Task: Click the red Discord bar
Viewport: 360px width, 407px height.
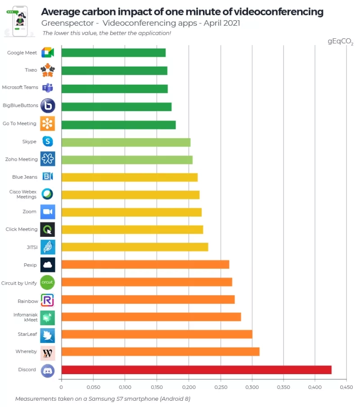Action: click(x=196, y=370)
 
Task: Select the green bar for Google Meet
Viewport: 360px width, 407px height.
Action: click(x=113, y=53)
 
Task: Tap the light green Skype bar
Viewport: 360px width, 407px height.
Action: click(x=126, y=142)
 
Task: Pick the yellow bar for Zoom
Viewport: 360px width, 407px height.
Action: click(x=131, y=212)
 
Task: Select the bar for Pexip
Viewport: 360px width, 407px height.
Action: click(x=145, y=264)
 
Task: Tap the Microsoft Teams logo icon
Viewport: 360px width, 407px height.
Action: click(x=48, y=88)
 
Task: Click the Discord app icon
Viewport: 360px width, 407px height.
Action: click(x=48, y=370)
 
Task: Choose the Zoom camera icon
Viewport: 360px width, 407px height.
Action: click(x=48, y=212)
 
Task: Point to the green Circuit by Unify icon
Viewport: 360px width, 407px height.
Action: click(x=48, y=282)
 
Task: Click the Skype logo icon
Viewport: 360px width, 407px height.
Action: click(x=48, y=142)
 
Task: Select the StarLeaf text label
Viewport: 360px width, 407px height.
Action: click(x=27, y=335)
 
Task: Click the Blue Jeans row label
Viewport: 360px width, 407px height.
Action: click(x=25, y=177)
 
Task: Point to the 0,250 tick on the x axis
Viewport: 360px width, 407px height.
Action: click(x=220, y=386)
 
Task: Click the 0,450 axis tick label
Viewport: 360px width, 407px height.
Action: click(x=346, y=386)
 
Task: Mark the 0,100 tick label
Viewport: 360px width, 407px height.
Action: click(x=125, y=386)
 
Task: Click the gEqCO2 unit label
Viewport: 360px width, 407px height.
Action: click(x=340, y=41)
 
